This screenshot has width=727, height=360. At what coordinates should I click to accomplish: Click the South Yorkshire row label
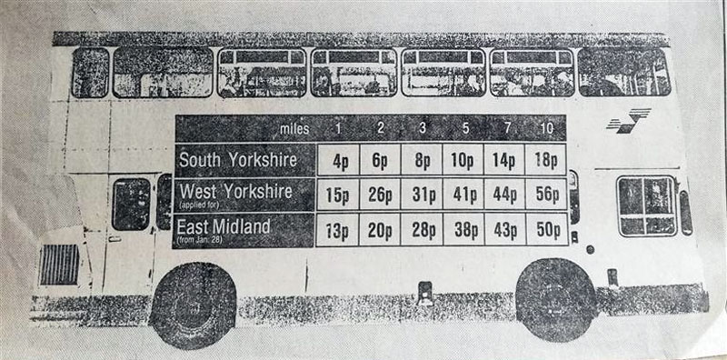click(x=238, y=159)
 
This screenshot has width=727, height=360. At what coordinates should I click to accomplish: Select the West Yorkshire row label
click(x=236, y=191)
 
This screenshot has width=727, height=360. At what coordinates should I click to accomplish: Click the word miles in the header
click(x=297, y=127)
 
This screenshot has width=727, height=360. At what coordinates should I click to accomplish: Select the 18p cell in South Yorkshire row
click(x=545, y=160)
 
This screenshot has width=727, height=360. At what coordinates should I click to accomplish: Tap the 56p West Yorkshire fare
click(x=545, y=195)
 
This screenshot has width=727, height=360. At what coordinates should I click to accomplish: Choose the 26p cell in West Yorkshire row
click(x=380, y=195)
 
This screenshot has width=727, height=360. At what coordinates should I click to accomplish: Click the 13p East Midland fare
click(x=338, y=229)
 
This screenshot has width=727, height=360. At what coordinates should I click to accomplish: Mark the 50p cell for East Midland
click(x=545, y=229)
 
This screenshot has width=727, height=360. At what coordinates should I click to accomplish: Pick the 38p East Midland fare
click(x=463, y=229)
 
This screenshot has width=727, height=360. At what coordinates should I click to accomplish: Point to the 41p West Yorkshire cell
click(x=463, y=195)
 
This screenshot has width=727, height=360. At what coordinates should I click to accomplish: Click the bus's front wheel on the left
click(x=193, y=305)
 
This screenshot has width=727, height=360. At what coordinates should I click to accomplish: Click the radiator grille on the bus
click(x=60, y=264)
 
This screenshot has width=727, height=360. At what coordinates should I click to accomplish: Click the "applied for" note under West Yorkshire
click(x=201, y=205)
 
